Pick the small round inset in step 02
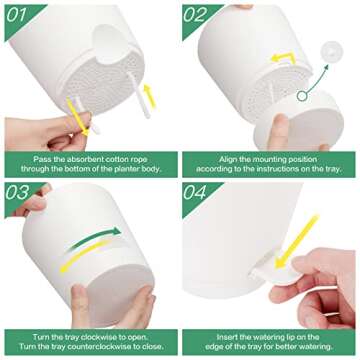pos(333,45)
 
